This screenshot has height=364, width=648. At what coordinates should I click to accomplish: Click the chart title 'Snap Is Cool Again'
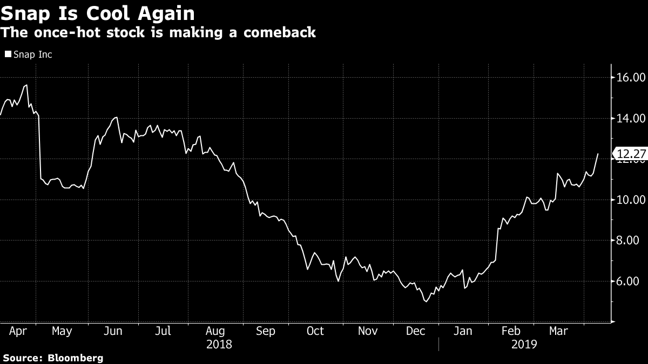pos(98,13)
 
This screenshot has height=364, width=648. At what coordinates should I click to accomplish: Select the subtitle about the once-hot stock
pos(158,32)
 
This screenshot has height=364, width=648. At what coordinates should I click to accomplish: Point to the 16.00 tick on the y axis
pos(631,78)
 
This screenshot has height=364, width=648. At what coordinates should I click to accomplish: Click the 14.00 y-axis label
pos(631,118)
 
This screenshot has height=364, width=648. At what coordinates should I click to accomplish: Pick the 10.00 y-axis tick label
pos(631,200)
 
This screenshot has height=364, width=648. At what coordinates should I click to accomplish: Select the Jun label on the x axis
pos(113,331)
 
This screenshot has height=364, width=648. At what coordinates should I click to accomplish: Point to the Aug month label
pos(215,331)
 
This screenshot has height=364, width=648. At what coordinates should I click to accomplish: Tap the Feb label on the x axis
pos(511,331)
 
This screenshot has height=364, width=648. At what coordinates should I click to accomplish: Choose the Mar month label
pos(558,331)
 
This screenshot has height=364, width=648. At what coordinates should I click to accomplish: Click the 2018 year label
pos(219,344)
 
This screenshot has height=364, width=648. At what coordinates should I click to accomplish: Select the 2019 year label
pos(524,344)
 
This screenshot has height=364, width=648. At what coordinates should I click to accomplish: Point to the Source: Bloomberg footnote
pos(53,358)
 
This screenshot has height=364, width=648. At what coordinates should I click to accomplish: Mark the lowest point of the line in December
pos(426,301)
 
